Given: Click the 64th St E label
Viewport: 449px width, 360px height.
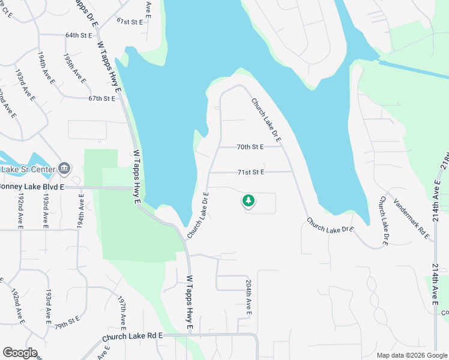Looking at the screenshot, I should pyautogui.click(x=79, y=35).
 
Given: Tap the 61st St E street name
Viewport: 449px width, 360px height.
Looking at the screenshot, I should pyautogui.click(x=130, y=22).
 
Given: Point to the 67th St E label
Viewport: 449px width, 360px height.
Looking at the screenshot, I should pyautogui.click(x=101, y=98).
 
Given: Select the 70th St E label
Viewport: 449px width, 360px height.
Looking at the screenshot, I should pyautogui.click(x=250, y=146).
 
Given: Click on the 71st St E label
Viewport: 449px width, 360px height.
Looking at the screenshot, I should pyautogui.click(x=250, y=172).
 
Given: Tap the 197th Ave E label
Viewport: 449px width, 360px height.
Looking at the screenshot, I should pyautogui.click(x=124, y=311).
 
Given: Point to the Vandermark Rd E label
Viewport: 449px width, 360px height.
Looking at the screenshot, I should pyautogui.click(x=412, y=217).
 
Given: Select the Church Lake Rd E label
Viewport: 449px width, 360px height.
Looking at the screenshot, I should pyautogui.click(x=133, y=338).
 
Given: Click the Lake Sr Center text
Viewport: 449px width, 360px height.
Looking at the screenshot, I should pyautogui.click(x=28, y=169).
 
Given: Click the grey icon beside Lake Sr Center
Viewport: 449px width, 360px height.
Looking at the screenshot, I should pyautogui.click(x=65, y=169).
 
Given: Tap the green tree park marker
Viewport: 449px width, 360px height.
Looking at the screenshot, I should pyautogui.click(x=247, y=200).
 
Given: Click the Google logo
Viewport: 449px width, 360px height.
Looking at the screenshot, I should pyautogui.click(x=20, y=353).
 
